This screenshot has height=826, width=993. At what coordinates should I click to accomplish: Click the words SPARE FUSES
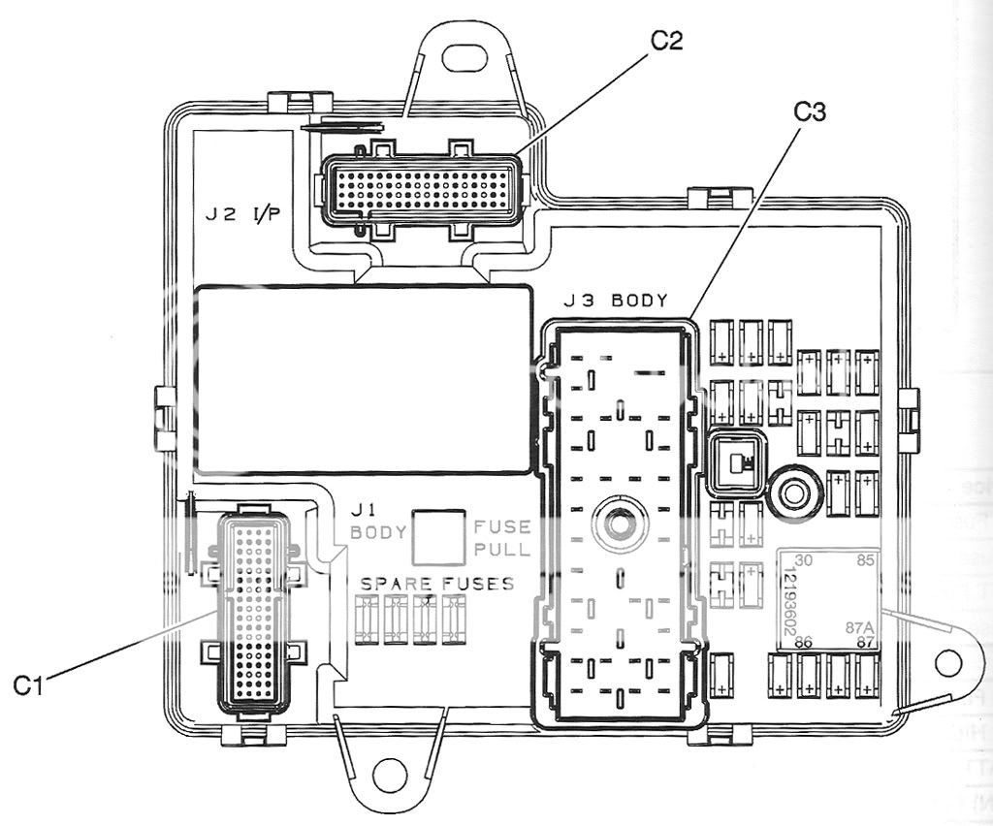(437, 585)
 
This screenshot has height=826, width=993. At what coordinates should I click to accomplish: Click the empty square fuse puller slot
(437, 537)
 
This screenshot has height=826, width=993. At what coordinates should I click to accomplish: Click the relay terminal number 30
(803, 561)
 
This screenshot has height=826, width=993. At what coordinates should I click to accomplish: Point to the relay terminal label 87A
(859, 627)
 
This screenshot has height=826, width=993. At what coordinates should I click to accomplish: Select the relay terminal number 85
(865, 561)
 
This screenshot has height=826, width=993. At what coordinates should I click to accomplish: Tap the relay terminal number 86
(803, 643)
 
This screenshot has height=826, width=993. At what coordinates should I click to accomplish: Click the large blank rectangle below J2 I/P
(365, 379)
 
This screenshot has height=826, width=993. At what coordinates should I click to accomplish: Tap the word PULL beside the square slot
(502, 550)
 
